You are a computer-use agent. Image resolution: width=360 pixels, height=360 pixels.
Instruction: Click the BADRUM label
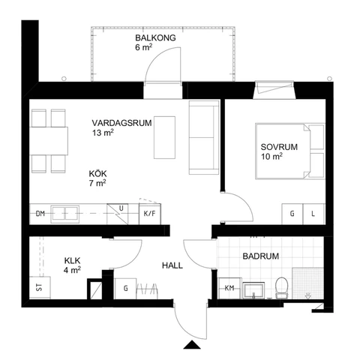pos(260,256)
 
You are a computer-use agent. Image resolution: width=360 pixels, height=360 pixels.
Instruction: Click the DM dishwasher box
pos(40,214)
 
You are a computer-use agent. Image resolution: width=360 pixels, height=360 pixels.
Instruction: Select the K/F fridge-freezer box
pos(148,214)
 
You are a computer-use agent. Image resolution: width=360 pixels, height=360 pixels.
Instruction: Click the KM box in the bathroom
pos(229,288)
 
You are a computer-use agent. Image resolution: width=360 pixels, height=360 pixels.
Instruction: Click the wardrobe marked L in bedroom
pos(313,214)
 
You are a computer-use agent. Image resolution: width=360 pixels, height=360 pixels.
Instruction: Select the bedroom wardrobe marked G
pos(291,214)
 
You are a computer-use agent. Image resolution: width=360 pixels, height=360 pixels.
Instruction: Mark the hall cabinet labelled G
pos(125,288)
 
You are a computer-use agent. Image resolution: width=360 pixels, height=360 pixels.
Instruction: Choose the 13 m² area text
pos(103,133)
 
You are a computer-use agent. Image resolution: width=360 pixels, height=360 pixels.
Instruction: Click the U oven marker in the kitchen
pos(121,209)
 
